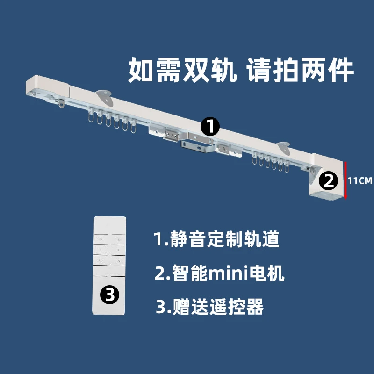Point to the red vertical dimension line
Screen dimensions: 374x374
pyautogui.click(x=345, y=180)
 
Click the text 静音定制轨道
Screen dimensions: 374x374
pyautogui.click(x=217, y=240)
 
